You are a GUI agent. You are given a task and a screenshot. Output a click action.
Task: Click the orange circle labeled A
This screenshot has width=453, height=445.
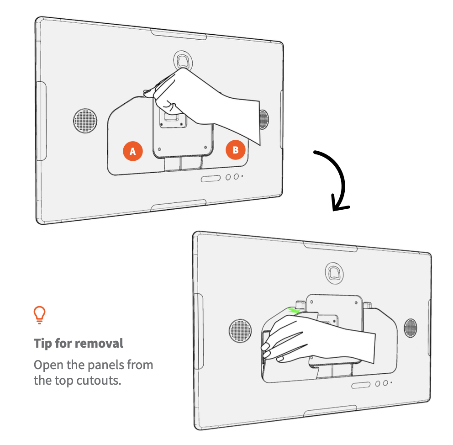point(132,151)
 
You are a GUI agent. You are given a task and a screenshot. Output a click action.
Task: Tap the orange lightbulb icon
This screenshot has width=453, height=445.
point(40,315)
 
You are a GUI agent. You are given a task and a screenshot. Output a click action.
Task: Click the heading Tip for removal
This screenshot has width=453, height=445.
point(78,343)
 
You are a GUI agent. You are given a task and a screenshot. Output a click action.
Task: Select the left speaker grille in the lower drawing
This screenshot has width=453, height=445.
point(240,331)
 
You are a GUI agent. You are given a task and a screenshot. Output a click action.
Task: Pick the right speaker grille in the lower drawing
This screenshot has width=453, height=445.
point(410,328)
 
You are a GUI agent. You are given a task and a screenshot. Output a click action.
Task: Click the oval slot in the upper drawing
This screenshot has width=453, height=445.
point(211,178)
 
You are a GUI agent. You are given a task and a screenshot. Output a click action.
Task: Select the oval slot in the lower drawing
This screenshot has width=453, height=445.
point(361,386)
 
